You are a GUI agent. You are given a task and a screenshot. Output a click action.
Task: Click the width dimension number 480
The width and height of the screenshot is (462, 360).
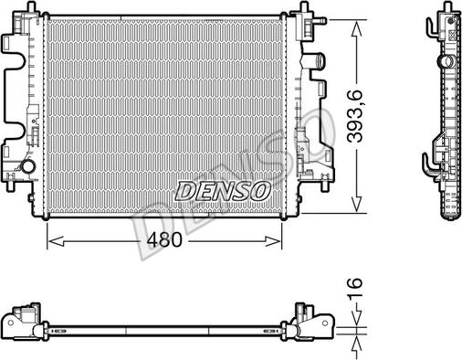[164, 240]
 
